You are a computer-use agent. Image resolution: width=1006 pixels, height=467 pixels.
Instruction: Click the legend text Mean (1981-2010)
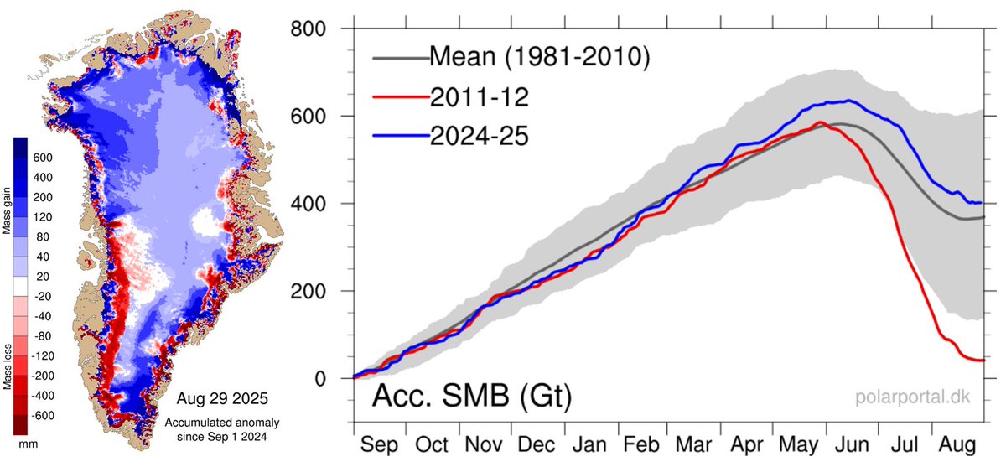point(540,58)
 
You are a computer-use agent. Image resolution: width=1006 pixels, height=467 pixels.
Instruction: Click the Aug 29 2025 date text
point(224,394)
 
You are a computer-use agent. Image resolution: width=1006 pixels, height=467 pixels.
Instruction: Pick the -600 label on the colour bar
point(44,416)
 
